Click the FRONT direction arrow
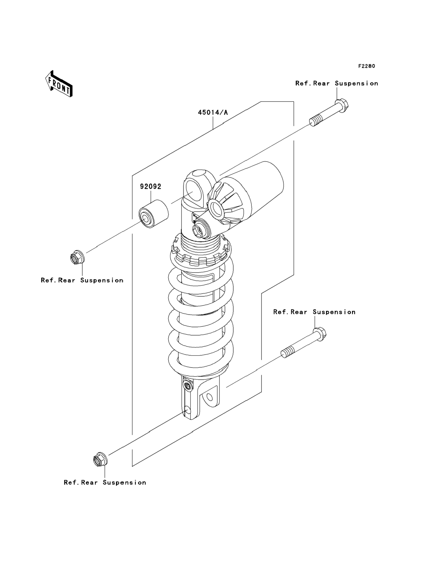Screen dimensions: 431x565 [x=59, y=83]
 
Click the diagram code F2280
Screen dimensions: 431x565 [x=366, y=66]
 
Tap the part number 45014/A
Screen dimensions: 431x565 [x=213, y=112]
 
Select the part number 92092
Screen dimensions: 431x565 [x=151, y=186]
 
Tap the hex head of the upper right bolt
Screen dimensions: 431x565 [x=342, y=105]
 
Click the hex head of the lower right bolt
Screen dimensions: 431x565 [x=320, y=334]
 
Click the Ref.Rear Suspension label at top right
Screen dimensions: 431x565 [x=337, y=83]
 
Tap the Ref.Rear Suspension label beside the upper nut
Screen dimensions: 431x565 [x=82, y=280]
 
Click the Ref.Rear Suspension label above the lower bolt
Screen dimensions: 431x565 [x=314, y=312]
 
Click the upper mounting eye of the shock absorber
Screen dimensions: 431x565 [x=194, y=191]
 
